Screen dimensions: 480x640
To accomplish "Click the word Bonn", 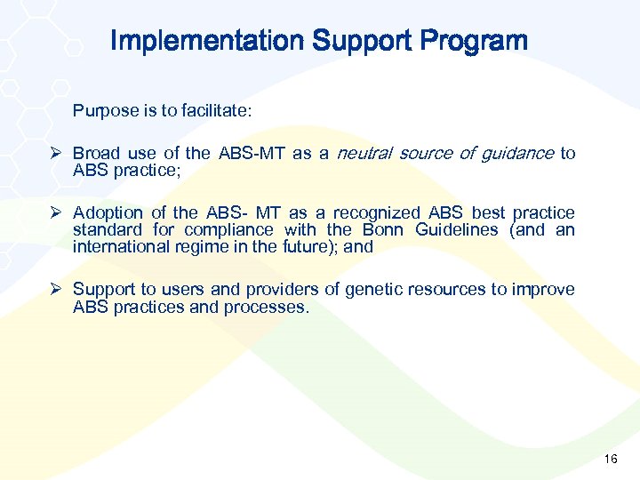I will (x=385, y=229).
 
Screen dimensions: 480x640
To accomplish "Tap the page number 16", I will (x=610, y=459).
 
